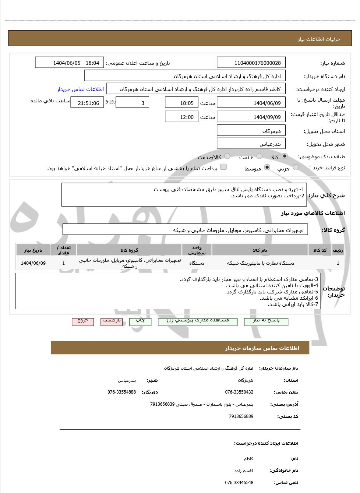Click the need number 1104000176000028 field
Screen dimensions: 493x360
(251, 63)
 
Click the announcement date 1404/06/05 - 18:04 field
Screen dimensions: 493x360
(70, 63)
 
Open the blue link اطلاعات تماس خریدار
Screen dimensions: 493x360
(80, 89)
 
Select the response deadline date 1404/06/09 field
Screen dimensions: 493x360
(251, 103)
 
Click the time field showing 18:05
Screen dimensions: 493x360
(181, 103)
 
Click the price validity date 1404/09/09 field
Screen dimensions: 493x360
(251, 117)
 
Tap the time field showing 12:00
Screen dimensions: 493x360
(181, 117)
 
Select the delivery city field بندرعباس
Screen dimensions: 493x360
(251, 144)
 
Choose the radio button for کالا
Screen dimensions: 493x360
(285, 156)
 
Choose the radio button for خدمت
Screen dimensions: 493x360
(260, 156)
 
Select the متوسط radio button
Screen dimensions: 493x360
(267, 168)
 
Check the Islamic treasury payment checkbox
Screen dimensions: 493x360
(223, 167)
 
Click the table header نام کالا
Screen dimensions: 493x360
(260, 250)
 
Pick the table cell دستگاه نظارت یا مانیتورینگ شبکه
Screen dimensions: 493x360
(260, 263)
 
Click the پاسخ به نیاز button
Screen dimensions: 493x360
(266, 321)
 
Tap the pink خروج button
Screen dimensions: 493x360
(83, 321)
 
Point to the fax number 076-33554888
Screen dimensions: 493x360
(121, 392)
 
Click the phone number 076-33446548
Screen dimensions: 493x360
(239, 483)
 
